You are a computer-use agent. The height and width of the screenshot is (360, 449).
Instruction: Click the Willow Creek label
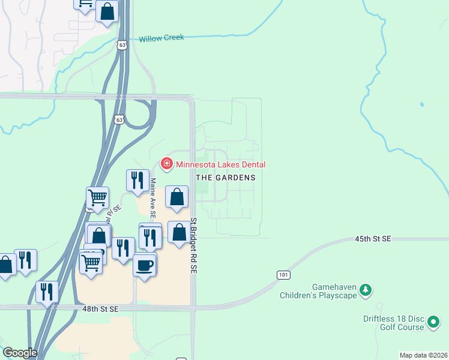pyautogui.click(x=161, y=38)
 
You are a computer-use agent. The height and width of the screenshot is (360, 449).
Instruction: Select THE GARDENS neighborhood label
pyautogui.click(x=226, y=178)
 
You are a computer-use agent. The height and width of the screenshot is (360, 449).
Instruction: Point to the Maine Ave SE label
pyautogui.click(x=153, y=197)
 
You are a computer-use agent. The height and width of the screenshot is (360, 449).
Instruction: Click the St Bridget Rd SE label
pyautogui.click(x=194, y=246)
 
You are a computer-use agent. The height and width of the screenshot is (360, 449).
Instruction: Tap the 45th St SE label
pyautogui.click(x=372, y=239)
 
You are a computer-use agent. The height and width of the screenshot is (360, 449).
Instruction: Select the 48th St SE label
pyautogui.click(x=101, y=308)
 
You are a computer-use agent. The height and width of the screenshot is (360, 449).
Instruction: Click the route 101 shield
pyautogui.click(x=284, y=274)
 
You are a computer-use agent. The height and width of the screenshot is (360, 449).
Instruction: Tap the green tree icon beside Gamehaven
pyautogui.click(x=365, y=291)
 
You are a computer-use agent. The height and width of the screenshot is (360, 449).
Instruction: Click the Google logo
pyautogui.click(x=20, y=353)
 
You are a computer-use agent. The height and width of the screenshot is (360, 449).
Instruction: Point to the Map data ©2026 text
pyautogui.click(x=423, y=355)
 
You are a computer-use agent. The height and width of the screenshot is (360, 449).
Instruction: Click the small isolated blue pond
pyautogui.click(x=421, y=104)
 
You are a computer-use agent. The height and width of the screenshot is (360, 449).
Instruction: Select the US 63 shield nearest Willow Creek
pyautogui.click(x=122, y=46)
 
